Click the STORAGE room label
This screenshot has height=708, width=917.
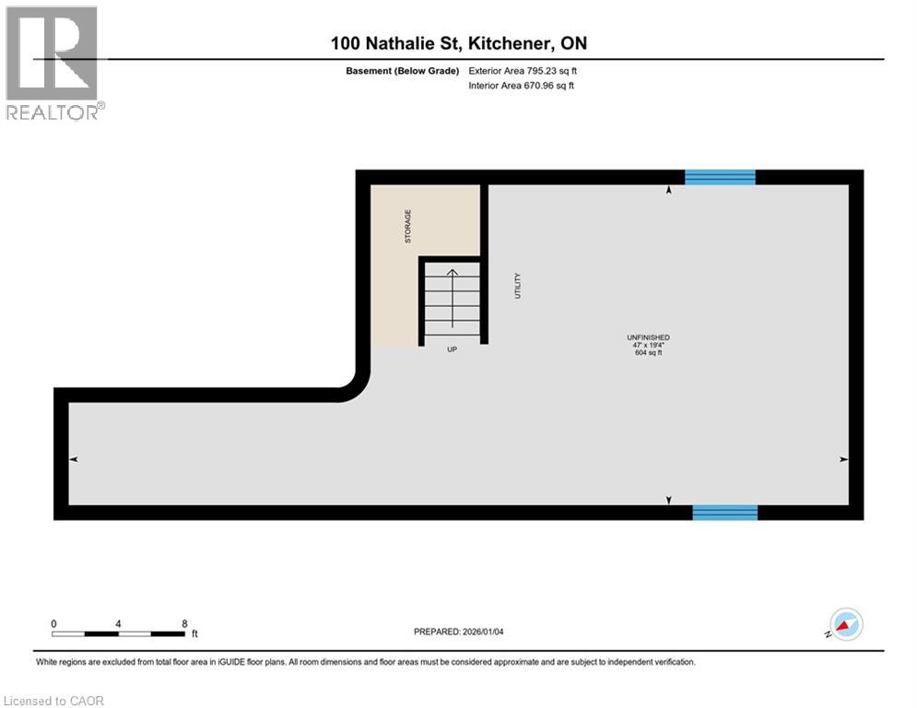[408, 226]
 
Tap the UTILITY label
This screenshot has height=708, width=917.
[518, 285]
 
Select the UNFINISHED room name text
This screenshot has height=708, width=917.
[648, 337]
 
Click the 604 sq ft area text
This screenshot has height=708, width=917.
[648, 353]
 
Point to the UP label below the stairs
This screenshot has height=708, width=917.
[452, 349]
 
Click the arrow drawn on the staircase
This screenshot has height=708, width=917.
[452, 297]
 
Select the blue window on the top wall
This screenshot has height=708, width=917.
[720, 177]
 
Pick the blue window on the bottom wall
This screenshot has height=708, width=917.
[724, 513]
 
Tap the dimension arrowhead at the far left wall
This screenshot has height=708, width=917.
[74, 459]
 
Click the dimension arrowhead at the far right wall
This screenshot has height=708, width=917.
[843, 459]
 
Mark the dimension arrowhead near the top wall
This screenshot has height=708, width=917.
[669, 190]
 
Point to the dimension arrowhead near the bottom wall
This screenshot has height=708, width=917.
[669, 500]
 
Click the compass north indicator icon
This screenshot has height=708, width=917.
[845, 624]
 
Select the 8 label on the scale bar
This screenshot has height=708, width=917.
[185, 623]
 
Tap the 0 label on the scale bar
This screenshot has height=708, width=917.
[53, 623]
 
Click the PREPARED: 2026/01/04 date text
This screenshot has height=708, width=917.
[458, 631]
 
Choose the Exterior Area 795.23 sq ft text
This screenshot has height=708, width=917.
[523, 70]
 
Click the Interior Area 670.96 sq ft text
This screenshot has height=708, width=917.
[521, 86]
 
